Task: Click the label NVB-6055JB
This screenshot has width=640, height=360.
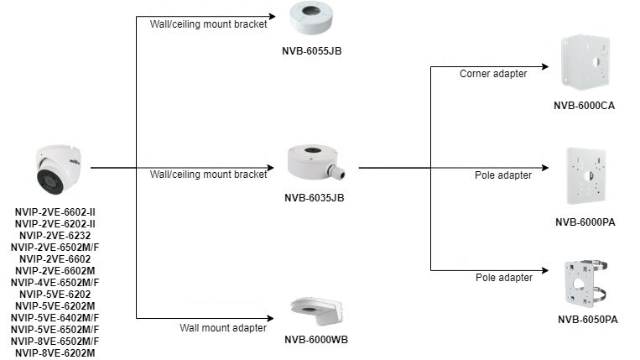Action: [311, 51]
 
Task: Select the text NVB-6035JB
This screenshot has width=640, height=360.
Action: [315, 197]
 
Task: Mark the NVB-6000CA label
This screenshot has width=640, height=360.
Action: [585, 106]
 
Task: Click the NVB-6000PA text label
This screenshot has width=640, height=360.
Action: [585, 222]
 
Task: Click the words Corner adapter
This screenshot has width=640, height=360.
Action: [493, 74]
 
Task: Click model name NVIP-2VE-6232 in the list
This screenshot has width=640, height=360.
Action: [56, 236]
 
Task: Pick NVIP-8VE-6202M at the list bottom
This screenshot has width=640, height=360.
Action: [56, 353]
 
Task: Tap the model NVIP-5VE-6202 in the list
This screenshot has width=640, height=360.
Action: [56, 295]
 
